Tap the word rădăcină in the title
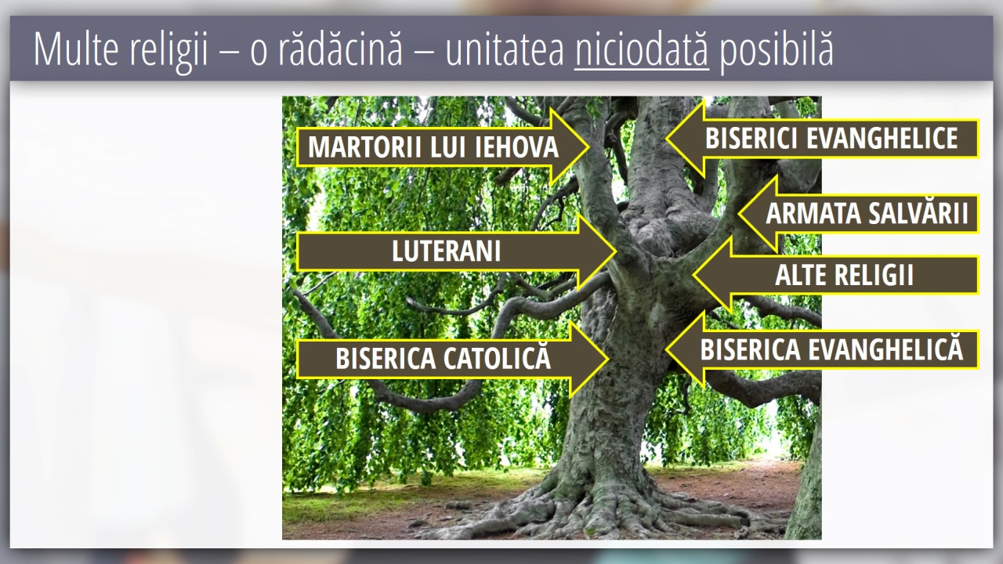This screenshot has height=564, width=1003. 340,49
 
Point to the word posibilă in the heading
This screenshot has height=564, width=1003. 777,50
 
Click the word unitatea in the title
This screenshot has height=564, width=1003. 505,49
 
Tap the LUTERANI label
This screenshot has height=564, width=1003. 446,251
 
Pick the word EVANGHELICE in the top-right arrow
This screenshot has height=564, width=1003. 882,138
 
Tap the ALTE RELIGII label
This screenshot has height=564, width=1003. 844,275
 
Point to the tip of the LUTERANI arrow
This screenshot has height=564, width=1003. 616,251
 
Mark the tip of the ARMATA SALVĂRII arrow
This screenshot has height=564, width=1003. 739,214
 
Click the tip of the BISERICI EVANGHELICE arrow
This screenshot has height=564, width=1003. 667,139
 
